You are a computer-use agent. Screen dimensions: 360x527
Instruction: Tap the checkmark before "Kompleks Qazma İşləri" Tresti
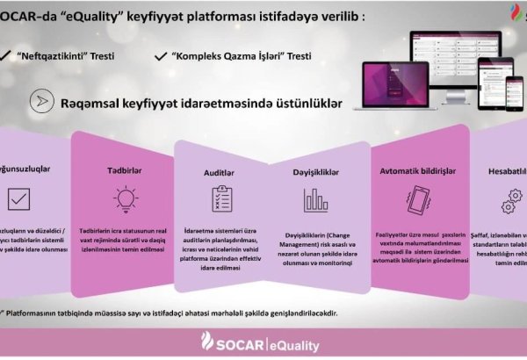tap(161, 55)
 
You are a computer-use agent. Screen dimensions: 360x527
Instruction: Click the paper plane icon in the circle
tap(38, 101)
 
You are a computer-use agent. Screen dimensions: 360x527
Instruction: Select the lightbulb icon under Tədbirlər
tap(125, 198)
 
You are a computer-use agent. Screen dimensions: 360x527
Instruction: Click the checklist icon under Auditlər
tap(218, 201)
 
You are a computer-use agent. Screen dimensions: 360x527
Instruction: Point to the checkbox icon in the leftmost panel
tap(18, 198)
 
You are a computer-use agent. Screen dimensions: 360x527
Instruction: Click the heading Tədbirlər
tap(125, 169)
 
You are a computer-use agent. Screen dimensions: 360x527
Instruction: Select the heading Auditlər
tap(218, 175)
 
